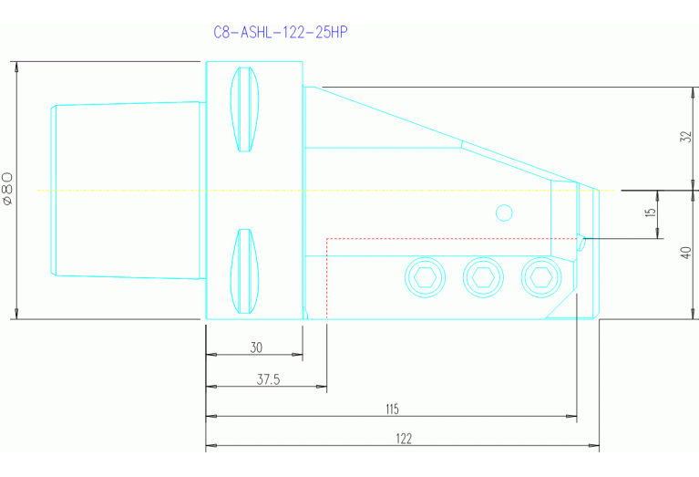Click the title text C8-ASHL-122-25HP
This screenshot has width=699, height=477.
tap(281, 32)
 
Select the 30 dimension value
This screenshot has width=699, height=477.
tap(255, 347)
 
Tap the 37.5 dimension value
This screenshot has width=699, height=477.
tap(268, 378)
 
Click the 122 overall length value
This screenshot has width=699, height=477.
tap(403, 439)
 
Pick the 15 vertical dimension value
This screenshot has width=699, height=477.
tap(650, 213)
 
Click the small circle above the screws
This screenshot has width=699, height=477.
tap(504, 213)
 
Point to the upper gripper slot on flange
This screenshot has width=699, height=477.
tap(244, 109)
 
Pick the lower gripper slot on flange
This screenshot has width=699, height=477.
tap(244, 269)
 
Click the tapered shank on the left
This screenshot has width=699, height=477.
tap(126, 190)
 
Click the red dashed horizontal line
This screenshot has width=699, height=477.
tap(437, 239)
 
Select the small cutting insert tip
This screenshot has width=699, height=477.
tap(580, 242)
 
